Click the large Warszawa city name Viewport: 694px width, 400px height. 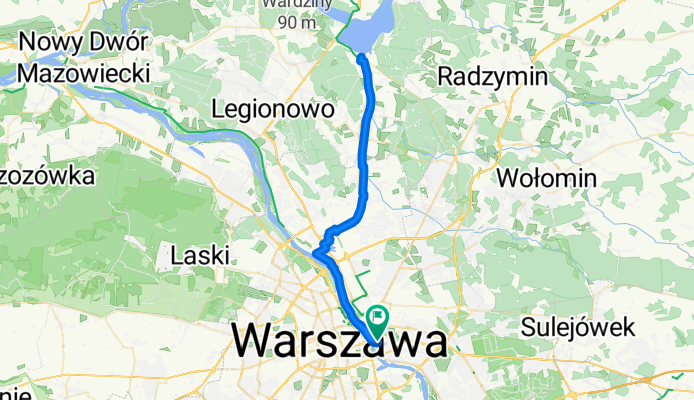[x=340, y=341]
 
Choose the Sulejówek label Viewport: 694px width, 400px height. [x=578, y=326]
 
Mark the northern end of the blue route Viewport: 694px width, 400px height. [x=361, y=57]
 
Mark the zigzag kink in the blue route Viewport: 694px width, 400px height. [x=324, y=244]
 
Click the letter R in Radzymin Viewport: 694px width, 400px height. [x=445, y=76]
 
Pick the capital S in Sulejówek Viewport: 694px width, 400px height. [x=528, y=326]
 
